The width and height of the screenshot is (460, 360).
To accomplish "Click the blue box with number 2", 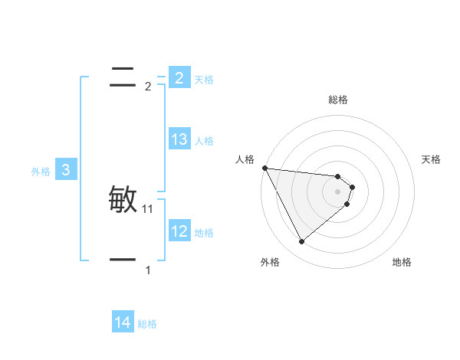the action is coord(179,77).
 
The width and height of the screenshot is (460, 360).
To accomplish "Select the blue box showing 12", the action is coord(179,231).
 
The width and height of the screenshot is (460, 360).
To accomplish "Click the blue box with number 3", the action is coord(66,170).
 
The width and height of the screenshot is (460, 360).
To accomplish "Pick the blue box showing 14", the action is coord(123,322).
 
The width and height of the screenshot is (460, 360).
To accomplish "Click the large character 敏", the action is coord(123,201).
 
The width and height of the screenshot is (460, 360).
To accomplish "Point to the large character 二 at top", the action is coord(123,77).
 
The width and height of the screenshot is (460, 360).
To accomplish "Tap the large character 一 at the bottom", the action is coord(123,260).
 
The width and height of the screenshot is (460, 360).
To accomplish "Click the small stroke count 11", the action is coord(148,209).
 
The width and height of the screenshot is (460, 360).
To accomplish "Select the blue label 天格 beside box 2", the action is coord(204,79).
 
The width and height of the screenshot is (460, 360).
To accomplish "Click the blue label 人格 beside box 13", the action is coord(204,141).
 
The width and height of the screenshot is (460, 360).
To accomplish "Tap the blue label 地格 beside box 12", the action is coord(204,233).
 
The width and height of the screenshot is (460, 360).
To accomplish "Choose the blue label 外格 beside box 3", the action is coord(41,172).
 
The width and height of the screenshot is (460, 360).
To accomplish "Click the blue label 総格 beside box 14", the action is coord(147,325).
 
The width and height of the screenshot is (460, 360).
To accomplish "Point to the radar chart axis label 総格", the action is coord(338,100).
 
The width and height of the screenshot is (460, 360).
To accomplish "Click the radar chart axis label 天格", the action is coord(432,159).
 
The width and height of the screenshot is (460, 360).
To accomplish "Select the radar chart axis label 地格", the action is coord(402,263).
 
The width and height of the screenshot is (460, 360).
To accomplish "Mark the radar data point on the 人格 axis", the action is coord(264,168).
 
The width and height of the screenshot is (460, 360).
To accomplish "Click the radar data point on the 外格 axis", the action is coord(301,242).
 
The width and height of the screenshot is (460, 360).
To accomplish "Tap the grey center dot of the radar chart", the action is coord(338,191).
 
